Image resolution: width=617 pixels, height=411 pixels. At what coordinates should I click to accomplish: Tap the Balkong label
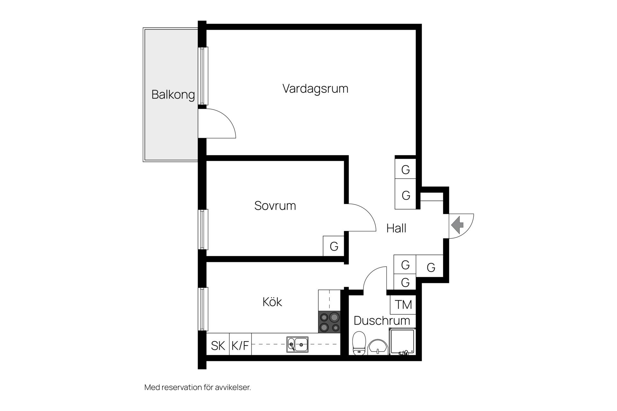(173, 95)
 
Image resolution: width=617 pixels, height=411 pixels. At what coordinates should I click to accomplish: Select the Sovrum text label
(275, 206)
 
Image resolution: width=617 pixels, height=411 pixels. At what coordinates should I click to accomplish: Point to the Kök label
(272, 302)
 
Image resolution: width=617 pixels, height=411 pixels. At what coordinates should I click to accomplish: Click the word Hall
(396, 228)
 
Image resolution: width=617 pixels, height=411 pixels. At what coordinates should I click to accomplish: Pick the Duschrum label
(382, 320)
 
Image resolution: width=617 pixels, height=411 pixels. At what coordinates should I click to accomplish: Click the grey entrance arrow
(457, 225)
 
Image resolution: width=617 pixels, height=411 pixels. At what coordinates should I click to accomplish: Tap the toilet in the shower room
(359, 344)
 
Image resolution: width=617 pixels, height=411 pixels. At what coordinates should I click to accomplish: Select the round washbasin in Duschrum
(378, 347)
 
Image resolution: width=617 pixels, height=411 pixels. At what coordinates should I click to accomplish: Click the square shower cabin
(402, 341)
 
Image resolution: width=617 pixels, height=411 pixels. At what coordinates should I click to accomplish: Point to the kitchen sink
(297, 345)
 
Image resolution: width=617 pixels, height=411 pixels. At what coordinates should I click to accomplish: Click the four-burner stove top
(329, 322)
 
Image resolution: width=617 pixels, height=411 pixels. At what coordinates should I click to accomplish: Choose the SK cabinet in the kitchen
(218, 344)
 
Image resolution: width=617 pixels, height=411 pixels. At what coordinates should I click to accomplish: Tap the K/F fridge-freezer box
(240, 344)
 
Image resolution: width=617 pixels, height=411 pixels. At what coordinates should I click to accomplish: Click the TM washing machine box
(403, 304)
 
